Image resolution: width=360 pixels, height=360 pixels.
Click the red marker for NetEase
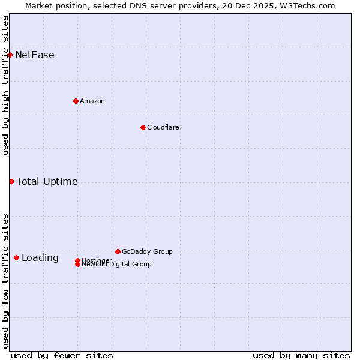pos(10,55)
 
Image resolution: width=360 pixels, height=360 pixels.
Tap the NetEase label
pos(35,55)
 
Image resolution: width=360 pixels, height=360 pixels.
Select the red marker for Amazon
pos(76,101)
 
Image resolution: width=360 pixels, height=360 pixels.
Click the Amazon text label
pos(92,101)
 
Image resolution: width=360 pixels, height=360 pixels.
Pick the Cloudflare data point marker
pos(143,127)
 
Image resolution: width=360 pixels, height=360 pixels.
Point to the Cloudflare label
pos(163,127)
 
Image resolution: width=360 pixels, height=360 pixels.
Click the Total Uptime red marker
pos(11,181)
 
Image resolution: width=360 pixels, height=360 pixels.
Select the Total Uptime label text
pos(47,182)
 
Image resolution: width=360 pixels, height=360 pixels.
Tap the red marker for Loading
pos(16,257)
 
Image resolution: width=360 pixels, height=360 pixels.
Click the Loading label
pos(40,258)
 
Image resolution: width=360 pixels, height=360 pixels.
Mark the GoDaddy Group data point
pos(118,251)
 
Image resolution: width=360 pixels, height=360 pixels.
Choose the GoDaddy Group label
pos(147,251)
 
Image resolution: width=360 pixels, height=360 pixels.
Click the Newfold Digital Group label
pos(117,265)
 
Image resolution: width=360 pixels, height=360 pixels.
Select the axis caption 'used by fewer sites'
pos(62,355)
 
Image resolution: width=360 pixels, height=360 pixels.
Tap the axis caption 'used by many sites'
pos(301,355)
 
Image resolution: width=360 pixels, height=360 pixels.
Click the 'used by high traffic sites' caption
pos(5,86)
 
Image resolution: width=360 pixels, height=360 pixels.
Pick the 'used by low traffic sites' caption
pos(5,280)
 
